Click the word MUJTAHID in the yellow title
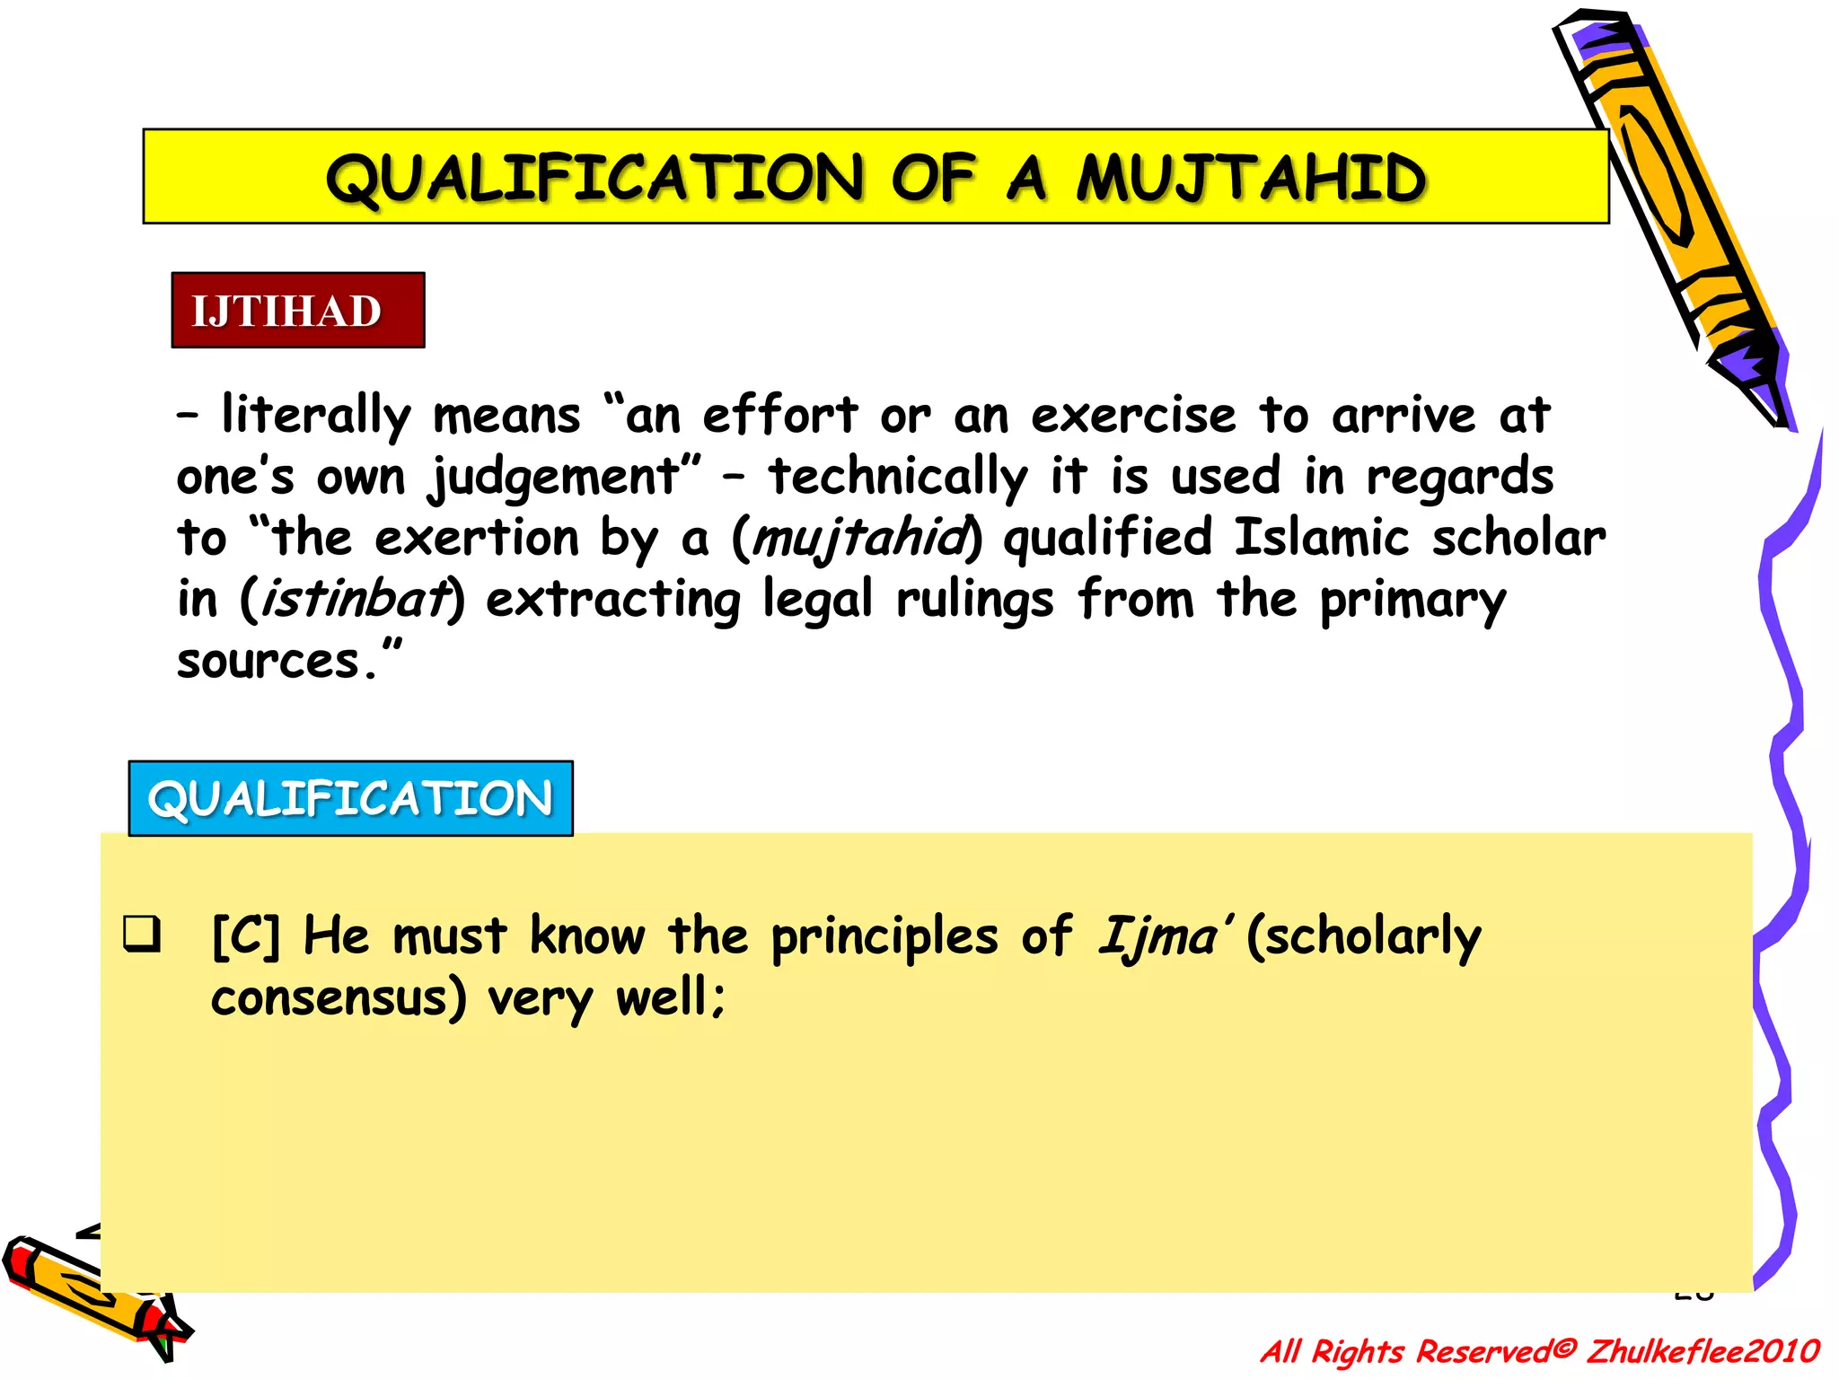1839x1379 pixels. pos(1250,178)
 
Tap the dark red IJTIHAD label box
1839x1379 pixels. pos(297,311)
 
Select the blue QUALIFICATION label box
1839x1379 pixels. pos(350,798)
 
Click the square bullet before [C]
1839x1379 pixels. pos(143,934)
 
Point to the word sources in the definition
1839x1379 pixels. pos(268,663)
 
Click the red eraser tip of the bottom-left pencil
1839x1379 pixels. pos(20,1259)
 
